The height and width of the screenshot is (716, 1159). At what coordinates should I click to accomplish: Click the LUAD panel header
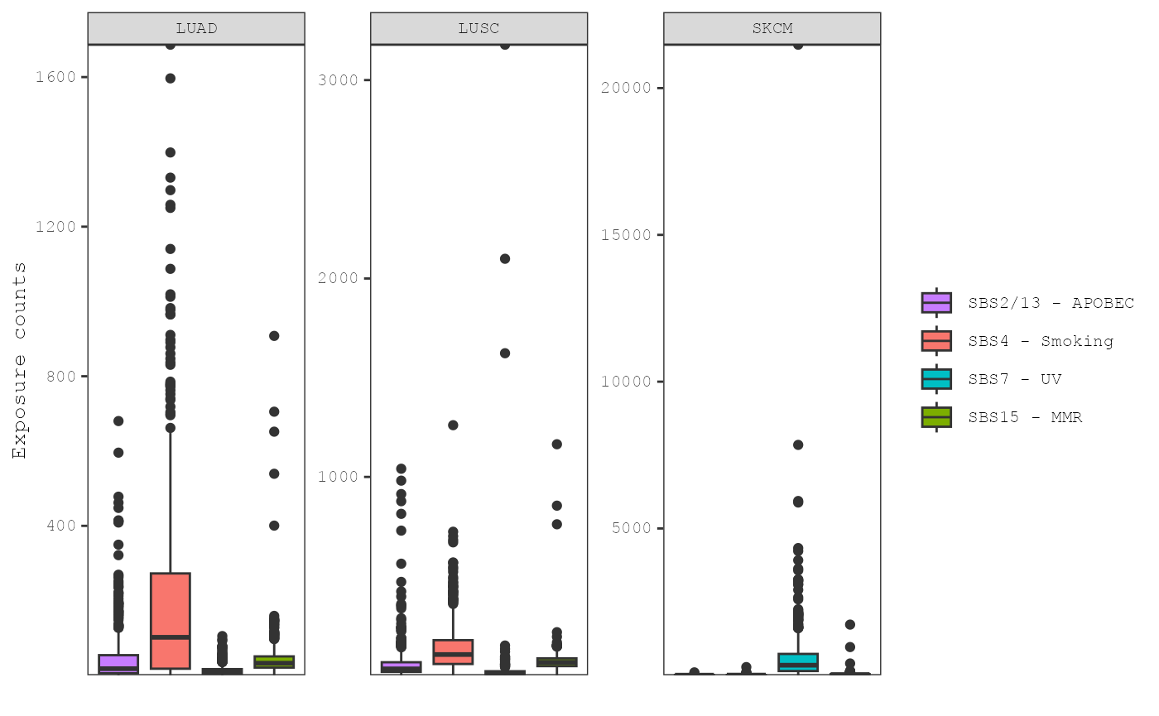(196, 28)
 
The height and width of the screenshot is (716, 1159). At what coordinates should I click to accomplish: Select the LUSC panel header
(479, 28)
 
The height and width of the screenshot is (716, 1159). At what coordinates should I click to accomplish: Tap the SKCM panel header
(772, 28)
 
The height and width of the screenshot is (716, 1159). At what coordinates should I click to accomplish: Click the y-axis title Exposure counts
(19, 360)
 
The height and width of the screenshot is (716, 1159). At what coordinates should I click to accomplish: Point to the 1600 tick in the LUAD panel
(55, 77)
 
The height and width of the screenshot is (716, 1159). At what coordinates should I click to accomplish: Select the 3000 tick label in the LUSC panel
(338, 80)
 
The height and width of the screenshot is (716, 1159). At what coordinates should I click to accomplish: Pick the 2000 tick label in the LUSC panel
(338, 278)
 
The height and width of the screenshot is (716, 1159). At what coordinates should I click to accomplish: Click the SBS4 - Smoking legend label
(1041, 341)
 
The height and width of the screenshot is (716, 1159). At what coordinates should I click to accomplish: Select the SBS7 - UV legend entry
(1014, 379)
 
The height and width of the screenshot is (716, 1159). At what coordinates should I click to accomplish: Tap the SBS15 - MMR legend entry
(1025, 417)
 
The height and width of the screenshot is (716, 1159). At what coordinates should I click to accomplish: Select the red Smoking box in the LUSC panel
(453, 651)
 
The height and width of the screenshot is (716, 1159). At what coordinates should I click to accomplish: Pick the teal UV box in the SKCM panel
(798, 662)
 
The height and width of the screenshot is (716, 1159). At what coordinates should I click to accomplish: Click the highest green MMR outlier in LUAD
(274, 336)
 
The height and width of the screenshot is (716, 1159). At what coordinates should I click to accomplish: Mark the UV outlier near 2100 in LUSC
(505, 258)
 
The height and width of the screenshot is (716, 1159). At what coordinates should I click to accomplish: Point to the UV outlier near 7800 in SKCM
(798, 444)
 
